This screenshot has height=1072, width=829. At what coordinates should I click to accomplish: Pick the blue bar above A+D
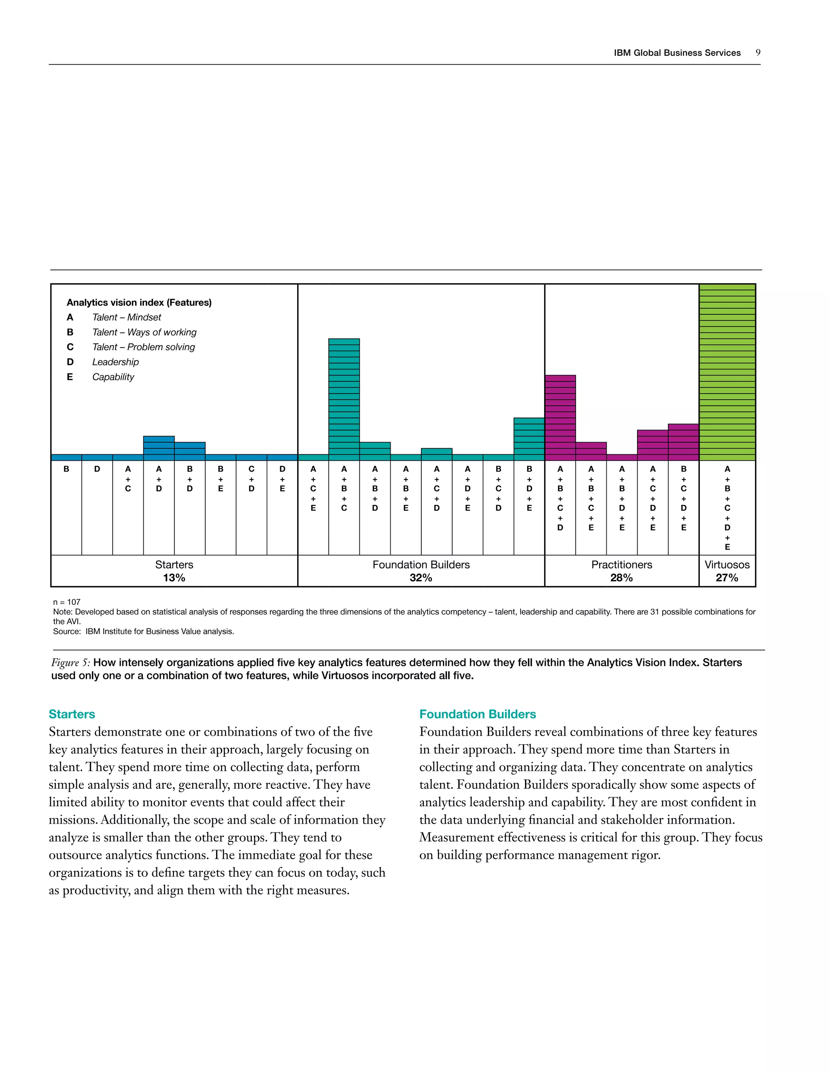[x=159, y=448]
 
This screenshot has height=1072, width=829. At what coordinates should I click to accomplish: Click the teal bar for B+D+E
[x=529, y=439]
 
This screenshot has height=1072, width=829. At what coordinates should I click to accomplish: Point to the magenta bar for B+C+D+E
[x=683, y=442]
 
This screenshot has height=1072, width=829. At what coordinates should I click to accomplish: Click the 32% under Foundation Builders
[x=421, y=578]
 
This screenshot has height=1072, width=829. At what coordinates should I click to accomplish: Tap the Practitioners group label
[x=621, y=564]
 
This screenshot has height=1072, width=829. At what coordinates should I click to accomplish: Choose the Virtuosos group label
[x=727, y=564]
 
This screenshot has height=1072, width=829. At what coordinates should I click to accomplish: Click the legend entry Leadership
[x=115, y=362]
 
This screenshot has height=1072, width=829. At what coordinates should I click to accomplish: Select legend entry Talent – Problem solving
[x=143, y=347]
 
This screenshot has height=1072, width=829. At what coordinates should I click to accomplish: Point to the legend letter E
[x=70, y=377]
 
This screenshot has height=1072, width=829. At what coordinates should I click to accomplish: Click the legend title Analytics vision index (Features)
[x=139, y=302]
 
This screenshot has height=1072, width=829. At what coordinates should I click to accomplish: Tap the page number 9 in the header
[x=758, y=53]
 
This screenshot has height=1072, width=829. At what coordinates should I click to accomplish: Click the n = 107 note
[x=67, y=602]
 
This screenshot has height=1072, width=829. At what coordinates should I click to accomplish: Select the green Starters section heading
[x=72, y=714]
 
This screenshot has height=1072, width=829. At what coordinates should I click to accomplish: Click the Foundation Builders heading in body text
[x=477, y=714]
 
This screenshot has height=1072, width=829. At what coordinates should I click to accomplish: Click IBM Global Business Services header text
[x=677, y=53]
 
